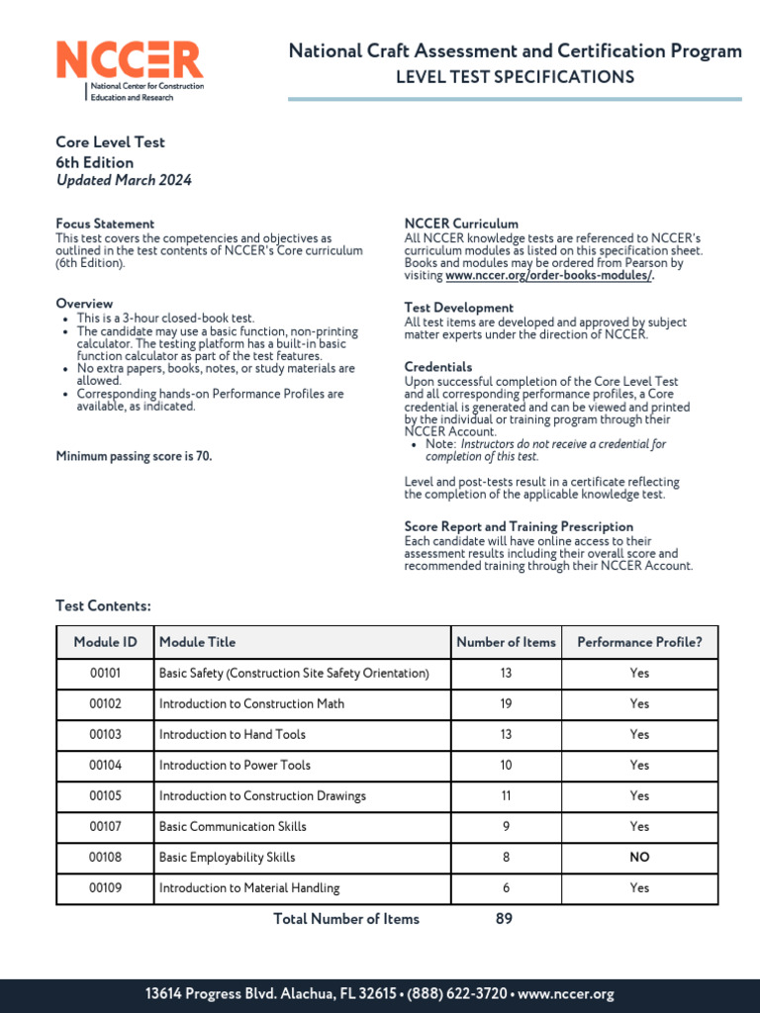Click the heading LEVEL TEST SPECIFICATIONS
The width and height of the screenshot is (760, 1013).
(515, 77)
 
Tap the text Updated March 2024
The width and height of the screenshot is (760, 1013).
(124, 180)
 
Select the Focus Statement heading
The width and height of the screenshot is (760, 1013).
(105, 224)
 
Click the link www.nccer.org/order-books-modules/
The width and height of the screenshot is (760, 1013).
(549, 276)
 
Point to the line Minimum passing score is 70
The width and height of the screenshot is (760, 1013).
(134, 456)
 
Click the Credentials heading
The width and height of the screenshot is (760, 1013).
(438, 367)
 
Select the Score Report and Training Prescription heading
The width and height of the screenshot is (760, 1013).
(519, 526)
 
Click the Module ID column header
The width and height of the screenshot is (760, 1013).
(105, 642)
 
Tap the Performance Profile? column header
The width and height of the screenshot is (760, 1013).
(639, 642)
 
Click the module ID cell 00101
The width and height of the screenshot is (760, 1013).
(105, 673)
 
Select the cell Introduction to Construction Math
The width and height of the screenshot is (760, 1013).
(251, 703)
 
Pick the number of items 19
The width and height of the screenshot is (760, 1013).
(506, 703)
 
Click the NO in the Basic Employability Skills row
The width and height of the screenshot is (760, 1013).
(639, 857)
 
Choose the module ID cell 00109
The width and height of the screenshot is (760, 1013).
(105, 887)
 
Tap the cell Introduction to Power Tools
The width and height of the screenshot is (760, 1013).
(235, 765)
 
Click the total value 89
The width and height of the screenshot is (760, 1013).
(504, 919)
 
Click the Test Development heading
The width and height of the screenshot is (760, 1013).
(458, 308)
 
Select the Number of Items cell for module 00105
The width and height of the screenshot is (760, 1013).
(506, 795)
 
